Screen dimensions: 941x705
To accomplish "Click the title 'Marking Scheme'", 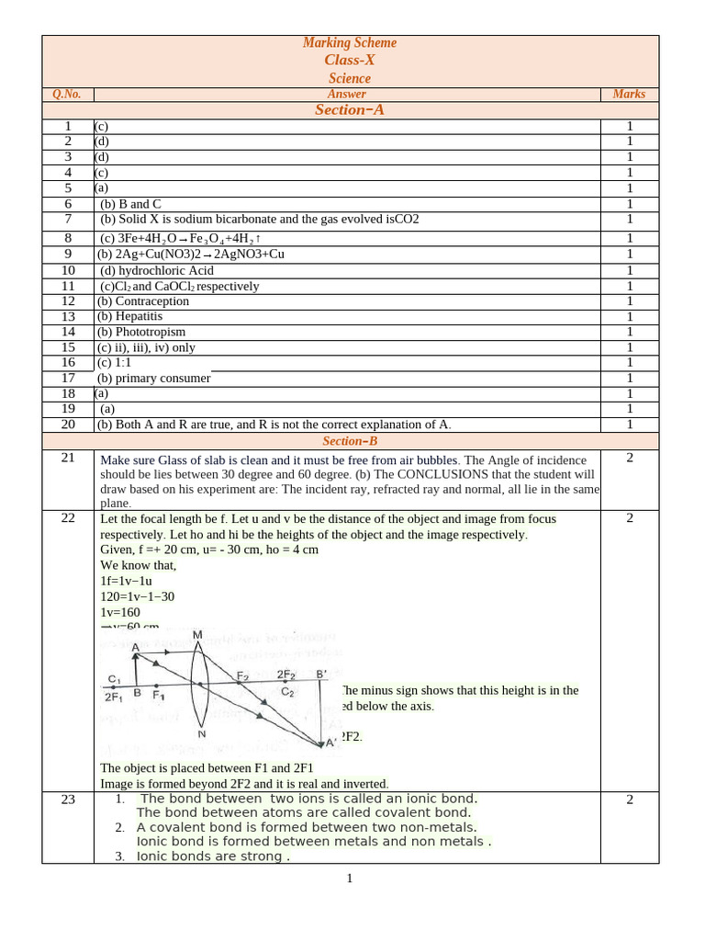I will [x=350, y=43].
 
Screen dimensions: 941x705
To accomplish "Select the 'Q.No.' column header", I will [x=67, y=94].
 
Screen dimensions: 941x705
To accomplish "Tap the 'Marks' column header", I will [x=629, y=94].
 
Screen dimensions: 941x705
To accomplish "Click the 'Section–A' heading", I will [x=350, y=110].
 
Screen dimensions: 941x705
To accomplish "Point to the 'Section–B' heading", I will [x=350, y=441].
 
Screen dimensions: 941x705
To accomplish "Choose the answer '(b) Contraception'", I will [x=143, y=301].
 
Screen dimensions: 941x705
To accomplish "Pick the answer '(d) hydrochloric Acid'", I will [x=156, y=270].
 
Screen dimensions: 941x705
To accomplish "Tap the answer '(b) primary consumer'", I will [x=154, y=378].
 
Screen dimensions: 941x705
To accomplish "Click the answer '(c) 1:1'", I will [x=115, y=363].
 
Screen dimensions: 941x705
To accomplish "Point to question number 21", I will [x=68, y=458].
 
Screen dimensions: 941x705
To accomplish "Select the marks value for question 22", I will [x=629, y=518].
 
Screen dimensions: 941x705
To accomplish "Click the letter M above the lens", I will [x=197, y=635].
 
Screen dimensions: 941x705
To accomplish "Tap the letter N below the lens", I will [x=201, y=734].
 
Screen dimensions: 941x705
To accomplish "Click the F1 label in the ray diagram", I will [x=159, y=696].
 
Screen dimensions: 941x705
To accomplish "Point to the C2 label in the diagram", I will [x=287, y=691].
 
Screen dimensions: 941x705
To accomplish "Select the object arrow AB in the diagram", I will [x=136, y=669].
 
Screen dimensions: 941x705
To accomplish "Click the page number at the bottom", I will [x=350, y=879].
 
